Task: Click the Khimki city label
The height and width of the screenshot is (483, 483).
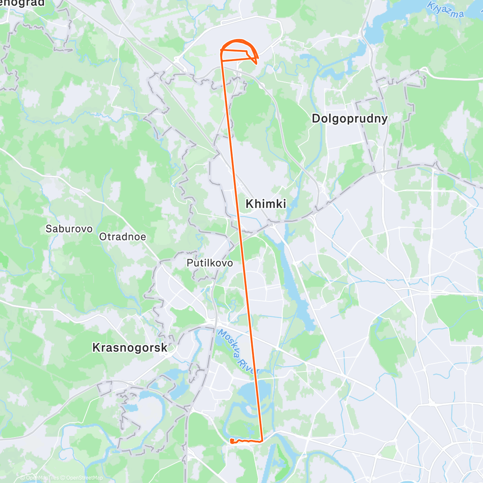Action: (x=266, y=204)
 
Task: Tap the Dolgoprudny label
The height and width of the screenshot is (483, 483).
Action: (x=350, y=118)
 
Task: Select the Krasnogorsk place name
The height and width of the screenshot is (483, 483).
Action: (x=130, y=347)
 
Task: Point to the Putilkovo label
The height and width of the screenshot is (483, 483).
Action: (x=210, y=263)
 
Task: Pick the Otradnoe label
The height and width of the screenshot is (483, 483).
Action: (x=122, y=237)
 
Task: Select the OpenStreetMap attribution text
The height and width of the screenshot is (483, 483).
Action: (x=84, y=478)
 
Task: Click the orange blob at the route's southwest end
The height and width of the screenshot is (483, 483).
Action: (x=232, y=441)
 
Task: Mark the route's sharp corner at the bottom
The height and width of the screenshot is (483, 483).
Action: (x=262, y=441)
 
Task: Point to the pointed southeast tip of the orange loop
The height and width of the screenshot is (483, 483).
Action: (x=256, y=63)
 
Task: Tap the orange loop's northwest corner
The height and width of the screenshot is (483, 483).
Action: (x=221, y=50)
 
